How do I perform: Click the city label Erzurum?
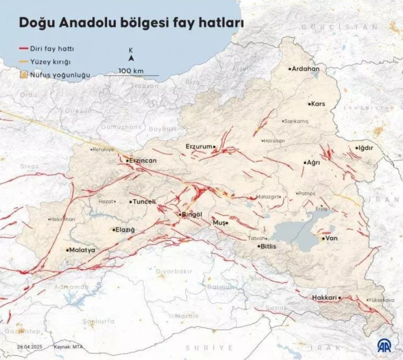[x=199, y=147]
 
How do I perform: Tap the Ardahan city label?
[x=306, y=69]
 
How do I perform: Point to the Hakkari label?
[x=324, y=298]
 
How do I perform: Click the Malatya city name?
[x=82, y=250]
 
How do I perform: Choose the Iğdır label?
[x=366, y=148]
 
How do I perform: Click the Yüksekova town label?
[x=382, y=300]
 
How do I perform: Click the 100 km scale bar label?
[x=131, y=71]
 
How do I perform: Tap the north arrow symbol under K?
[x=131, y=58]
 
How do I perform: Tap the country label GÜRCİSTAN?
[x=339, y=27]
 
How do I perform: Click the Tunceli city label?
[x=144, y=202]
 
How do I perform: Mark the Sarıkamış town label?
[x=296, y=121]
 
